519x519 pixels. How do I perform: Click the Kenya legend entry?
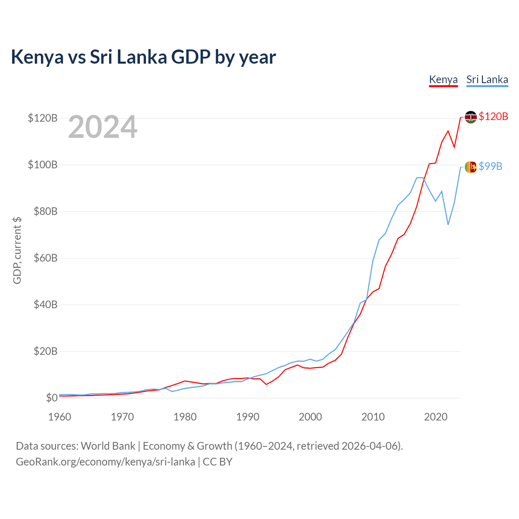click(443, 79)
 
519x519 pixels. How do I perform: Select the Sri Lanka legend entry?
click(487, 79)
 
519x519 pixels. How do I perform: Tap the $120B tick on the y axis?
click(43, 118)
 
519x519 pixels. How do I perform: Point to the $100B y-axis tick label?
click(43, 165)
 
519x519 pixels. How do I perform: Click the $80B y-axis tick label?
click(45, 211)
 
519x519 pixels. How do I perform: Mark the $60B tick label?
click(45, 258)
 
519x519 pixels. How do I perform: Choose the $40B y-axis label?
click(45, 305)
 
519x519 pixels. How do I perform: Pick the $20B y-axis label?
click(45, 351)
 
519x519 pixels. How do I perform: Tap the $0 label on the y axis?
click(51, 398)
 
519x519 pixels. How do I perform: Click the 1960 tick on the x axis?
click(60, 417)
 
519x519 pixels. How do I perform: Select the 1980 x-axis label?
click(185, 417)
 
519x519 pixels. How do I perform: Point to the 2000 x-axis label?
click(310, 417)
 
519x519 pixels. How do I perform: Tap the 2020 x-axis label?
click(435, 417)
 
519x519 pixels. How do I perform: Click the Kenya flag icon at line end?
click(470, 117)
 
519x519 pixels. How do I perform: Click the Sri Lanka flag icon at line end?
click(470, 167)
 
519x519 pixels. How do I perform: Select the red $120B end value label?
click(493, 117)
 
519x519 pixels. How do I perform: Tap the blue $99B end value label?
click(490, 166)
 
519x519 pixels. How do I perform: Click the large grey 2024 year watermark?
click(103, 127)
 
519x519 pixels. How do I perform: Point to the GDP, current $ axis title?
click(17, 251)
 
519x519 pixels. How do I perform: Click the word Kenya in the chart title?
click(37, 57)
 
